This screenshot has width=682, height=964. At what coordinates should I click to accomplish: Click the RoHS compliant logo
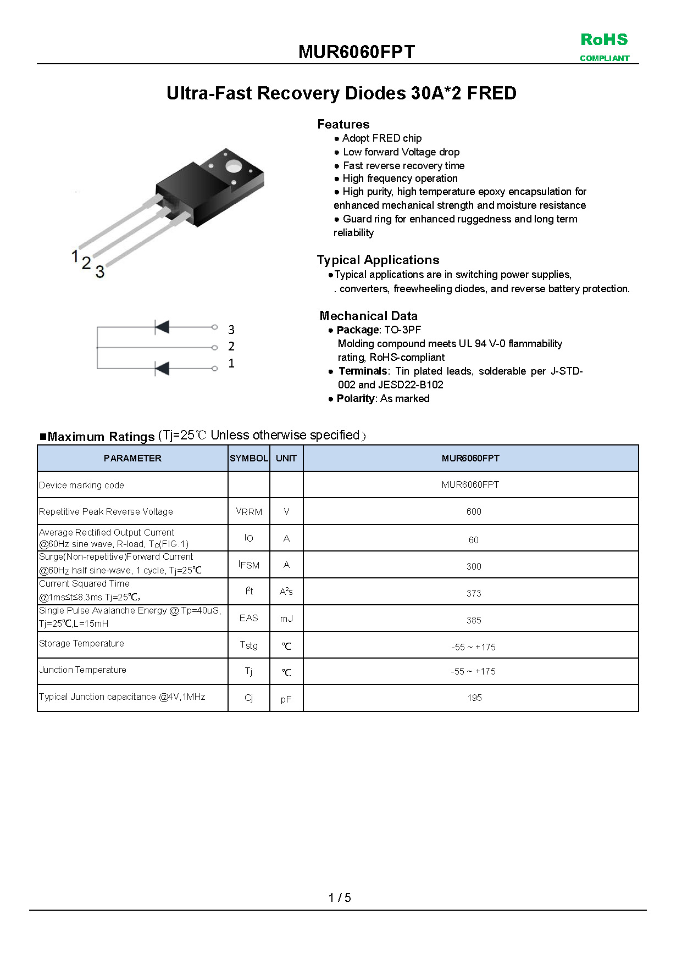[605, 47]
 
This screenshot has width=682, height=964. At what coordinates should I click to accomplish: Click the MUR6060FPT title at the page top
[357, 52]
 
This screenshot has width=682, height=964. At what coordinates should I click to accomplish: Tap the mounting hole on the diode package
[233, 166]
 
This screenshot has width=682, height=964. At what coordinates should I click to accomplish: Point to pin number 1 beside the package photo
[75, 255]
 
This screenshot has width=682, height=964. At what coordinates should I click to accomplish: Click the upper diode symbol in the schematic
[162, 327]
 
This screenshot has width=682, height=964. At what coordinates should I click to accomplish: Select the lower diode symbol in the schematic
[162, 368]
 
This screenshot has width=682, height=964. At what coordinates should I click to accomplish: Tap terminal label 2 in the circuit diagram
[231, 347]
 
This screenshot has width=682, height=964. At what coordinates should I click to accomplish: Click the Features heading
[343, 124]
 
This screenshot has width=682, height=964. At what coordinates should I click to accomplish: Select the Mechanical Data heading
[369, 316]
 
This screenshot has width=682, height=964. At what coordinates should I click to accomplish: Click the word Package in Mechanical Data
[358, 330]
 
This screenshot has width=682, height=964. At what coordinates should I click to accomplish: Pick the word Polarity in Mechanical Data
[356, 398]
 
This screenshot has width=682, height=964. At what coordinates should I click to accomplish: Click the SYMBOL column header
[249, 458]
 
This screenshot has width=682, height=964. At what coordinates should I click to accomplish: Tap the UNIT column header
[286, 458]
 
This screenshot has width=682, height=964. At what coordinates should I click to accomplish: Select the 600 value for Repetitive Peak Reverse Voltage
[474, 511]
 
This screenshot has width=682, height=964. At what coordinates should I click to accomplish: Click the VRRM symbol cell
[249, 511]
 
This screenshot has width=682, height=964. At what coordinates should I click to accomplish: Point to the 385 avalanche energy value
[474, 620]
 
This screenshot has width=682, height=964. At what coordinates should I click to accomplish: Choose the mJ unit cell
[286, 618]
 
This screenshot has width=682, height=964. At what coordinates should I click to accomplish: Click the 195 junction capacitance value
[474, 698]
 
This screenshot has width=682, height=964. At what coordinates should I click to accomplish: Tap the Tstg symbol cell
[249, 645]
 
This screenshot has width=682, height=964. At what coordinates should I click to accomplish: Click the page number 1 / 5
[340, 898]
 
